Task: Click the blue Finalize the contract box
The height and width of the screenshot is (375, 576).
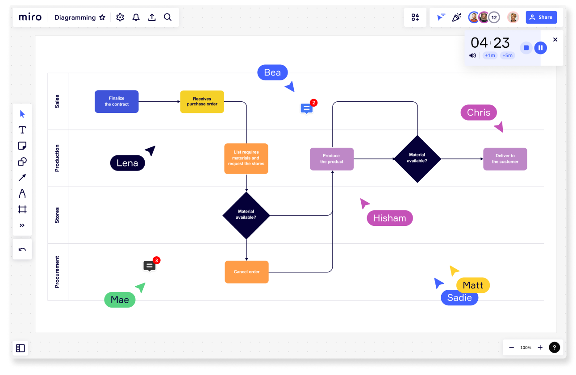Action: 117,101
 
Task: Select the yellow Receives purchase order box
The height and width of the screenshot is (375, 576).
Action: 202,101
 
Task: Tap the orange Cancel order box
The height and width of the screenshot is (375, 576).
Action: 246,272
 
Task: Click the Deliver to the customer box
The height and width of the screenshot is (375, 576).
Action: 505,159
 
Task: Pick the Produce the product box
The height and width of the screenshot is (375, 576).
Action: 332,159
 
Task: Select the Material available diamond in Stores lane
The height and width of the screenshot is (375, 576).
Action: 246,215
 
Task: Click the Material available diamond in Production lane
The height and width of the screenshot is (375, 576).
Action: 417,158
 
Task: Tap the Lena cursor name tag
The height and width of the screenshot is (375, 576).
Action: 127,163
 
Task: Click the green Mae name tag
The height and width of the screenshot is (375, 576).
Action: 120,300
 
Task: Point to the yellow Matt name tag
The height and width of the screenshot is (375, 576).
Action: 473,285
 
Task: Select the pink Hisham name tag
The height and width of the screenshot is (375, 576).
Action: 389,218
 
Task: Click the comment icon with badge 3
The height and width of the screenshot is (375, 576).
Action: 150,266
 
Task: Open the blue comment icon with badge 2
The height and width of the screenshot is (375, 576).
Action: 306,108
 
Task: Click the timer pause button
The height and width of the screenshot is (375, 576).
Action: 540,48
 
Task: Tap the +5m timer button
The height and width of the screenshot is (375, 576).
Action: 507,55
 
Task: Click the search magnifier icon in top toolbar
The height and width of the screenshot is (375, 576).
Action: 167,17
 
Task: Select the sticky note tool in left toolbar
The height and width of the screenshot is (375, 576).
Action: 22,146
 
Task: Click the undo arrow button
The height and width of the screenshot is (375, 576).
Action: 22,250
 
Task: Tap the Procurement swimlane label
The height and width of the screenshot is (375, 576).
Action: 57,272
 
